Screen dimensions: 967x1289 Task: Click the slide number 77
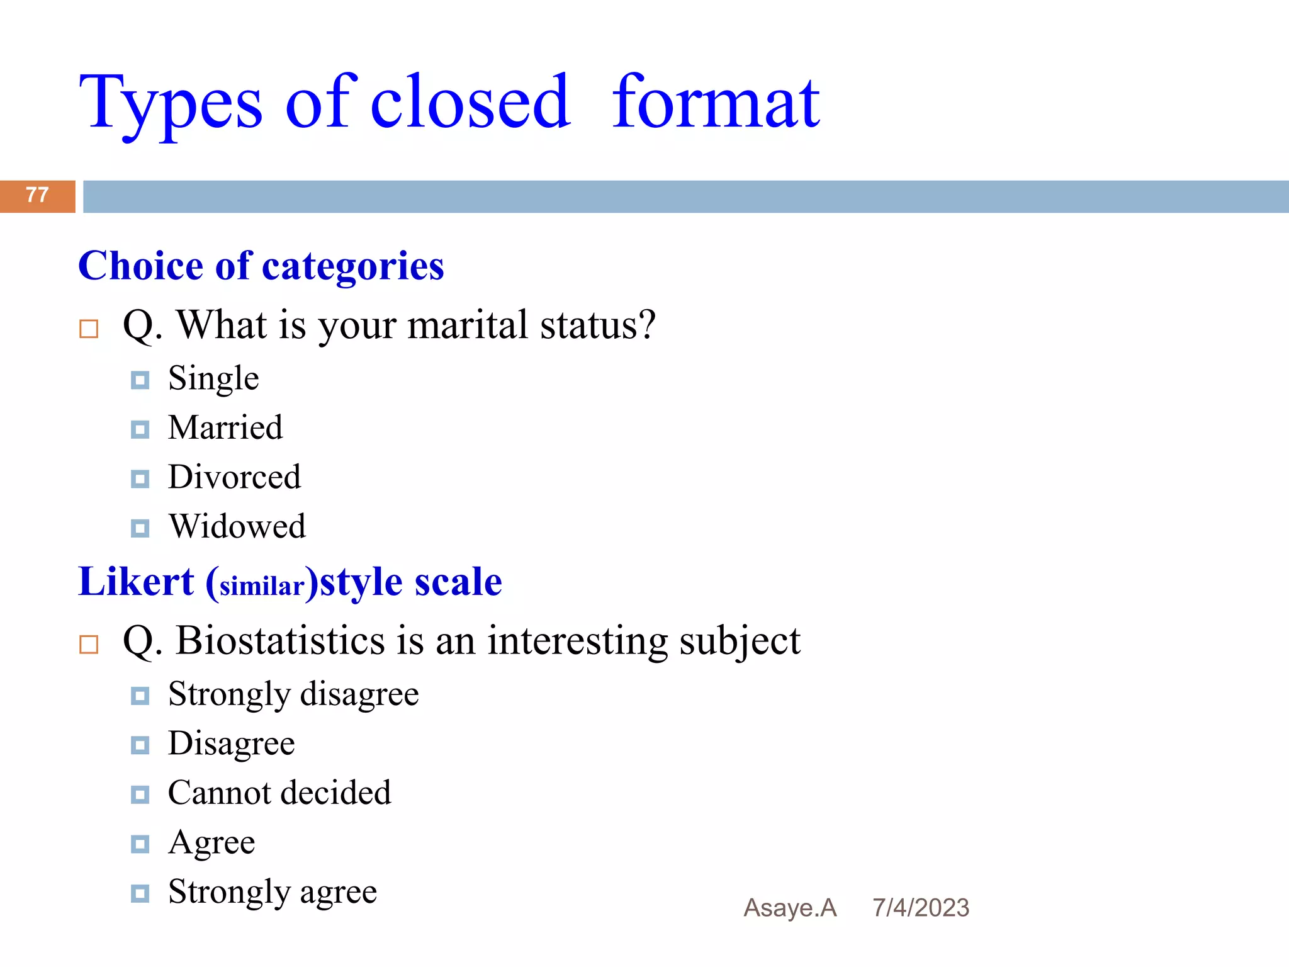click(37, 195)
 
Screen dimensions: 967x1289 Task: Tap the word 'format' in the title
click(716, 102)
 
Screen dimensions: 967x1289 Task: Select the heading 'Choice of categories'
click(261, 266)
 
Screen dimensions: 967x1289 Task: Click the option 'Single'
click(213, 379)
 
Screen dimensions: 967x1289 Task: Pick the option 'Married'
click(225, 428)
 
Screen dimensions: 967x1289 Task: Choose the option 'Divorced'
click(234, 477)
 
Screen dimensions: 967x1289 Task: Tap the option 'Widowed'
click(237, 526)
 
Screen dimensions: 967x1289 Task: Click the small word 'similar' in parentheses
click(262, 587)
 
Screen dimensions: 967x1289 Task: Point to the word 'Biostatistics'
click(280, 641)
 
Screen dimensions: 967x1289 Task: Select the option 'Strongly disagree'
click(293, 694)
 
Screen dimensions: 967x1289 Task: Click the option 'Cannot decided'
click(279, 793)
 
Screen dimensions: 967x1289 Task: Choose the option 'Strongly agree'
click(273, 892)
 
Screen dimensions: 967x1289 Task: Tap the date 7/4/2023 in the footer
click(920, 908)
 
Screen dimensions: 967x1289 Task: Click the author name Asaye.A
click(790, 908)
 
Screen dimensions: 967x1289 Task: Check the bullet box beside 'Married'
click(140, 430)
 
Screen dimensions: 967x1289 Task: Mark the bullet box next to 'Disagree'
click(140, 745)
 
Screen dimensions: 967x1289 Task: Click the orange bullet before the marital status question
click(89, 329)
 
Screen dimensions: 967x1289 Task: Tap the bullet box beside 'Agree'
click(140, 844)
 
